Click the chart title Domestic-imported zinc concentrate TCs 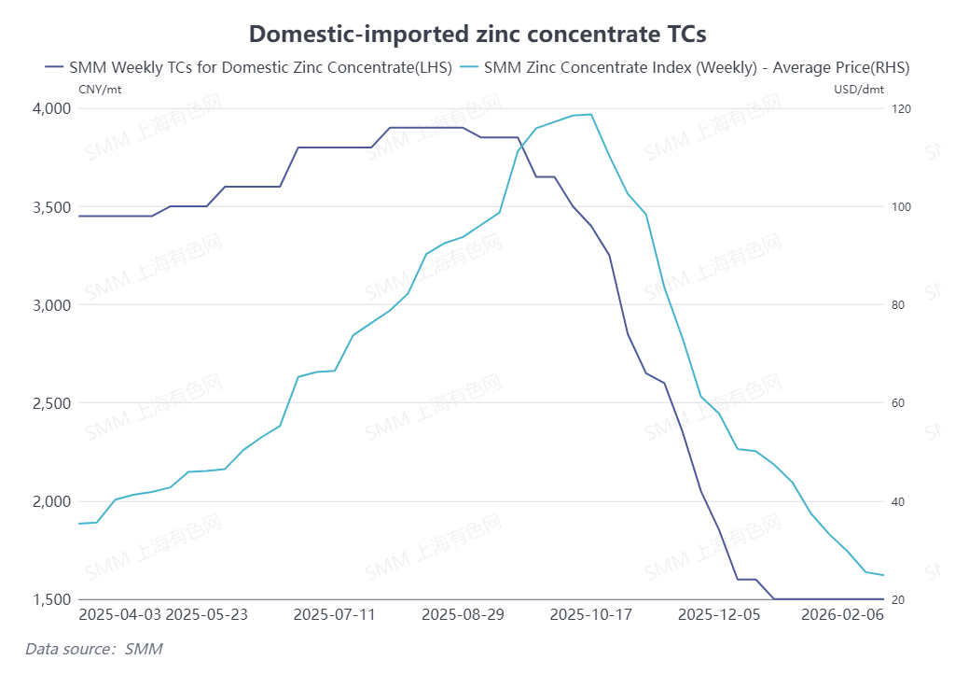click(477, 35)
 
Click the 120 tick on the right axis click(902, 108)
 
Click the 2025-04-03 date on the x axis click(120, 615)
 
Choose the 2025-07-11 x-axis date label click(334, 615)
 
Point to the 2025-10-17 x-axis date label click(590, 615)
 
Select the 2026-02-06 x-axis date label click(842, 615)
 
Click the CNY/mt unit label click(100, 90)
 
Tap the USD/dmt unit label click(858, 90)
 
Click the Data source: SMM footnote click(88, 648)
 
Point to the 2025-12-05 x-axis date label click(719, 615)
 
